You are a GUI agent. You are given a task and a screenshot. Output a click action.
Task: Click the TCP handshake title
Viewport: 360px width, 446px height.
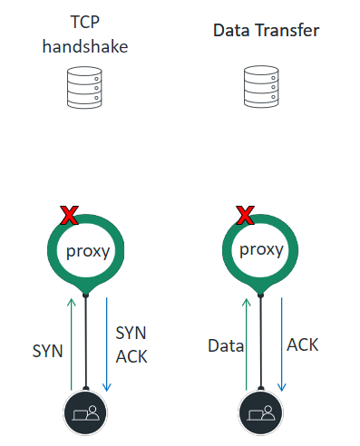pos(85,34)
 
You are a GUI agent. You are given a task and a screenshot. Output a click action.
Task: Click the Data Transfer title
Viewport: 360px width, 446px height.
pos(266,30)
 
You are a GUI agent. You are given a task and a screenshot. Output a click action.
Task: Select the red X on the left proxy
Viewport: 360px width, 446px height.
pos(69,215)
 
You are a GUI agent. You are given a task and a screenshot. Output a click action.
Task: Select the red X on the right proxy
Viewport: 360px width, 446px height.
pos(244,215)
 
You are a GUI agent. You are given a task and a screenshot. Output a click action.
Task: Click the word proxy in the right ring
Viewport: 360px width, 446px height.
pos(261,250)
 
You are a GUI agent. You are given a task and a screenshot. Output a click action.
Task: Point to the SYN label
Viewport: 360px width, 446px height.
pos(47,349)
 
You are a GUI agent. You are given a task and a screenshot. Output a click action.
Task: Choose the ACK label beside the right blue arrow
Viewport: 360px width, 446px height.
pos(303,344)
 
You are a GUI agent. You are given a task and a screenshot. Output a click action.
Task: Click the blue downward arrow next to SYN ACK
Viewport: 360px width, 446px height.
pos(106,344)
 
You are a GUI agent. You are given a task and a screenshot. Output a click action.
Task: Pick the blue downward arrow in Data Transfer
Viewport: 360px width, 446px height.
pos(280,344)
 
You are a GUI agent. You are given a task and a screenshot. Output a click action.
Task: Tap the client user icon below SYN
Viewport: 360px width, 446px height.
pos(86,412)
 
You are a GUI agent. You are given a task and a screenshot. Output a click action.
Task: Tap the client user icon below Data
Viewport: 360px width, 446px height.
pos(261,412)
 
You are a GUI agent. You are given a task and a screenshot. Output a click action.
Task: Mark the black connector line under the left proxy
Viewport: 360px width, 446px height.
pos(86,344)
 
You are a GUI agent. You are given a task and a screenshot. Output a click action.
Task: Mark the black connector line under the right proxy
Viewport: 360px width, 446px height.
pos(261,344)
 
